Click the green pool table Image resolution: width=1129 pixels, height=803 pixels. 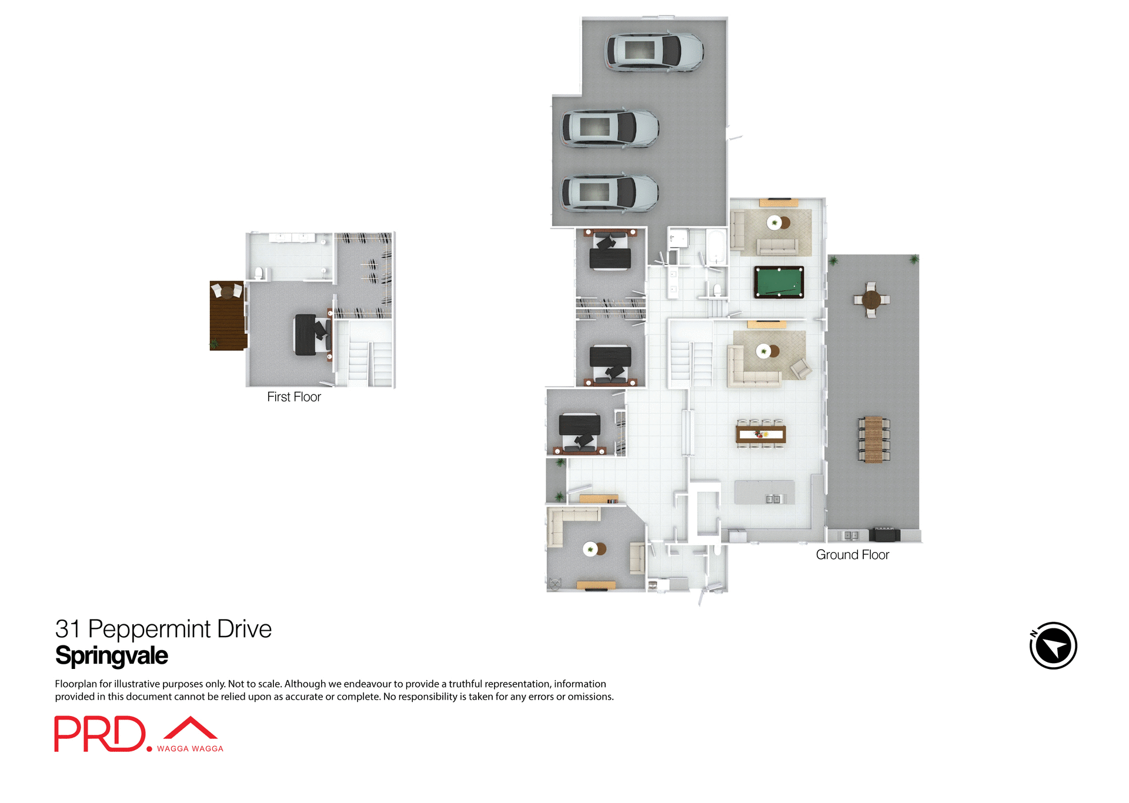pos(779,282)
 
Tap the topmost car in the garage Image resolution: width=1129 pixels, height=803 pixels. pos(654,52)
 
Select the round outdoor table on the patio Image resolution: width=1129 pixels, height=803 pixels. pos(871,300)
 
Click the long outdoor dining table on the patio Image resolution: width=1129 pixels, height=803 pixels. pos(873,439)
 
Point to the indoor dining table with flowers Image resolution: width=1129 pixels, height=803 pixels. pos(761,434)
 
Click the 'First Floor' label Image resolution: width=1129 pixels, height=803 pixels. pos(294,397)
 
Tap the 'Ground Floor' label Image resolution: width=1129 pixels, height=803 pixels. pos(852,554)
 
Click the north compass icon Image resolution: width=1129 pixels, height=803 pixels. pos(1053,645)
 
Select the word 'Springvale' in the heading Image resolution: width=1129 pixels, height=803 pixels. pos(112,655)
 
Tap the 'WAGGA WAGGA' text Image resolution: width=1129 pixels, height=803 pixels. pos(190,748)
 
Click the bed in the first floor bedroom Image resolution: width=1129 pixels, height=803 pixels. pos(312,335)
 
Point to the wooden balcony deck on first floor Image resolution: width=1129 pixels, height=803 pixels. pos(227,316)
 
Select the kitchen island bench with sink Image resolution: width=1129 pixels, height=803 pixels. pos(764,493)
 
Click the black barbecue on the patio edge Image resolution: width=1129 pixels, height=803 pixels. pos(884,534)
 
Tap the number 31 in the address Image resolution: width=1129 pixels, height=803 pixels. pos(67,629)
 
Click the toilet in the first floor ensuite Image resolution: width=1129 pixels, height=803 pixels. pos(259,273)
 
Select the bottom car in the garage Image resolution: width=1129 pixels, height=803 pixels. pos(609,193)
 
